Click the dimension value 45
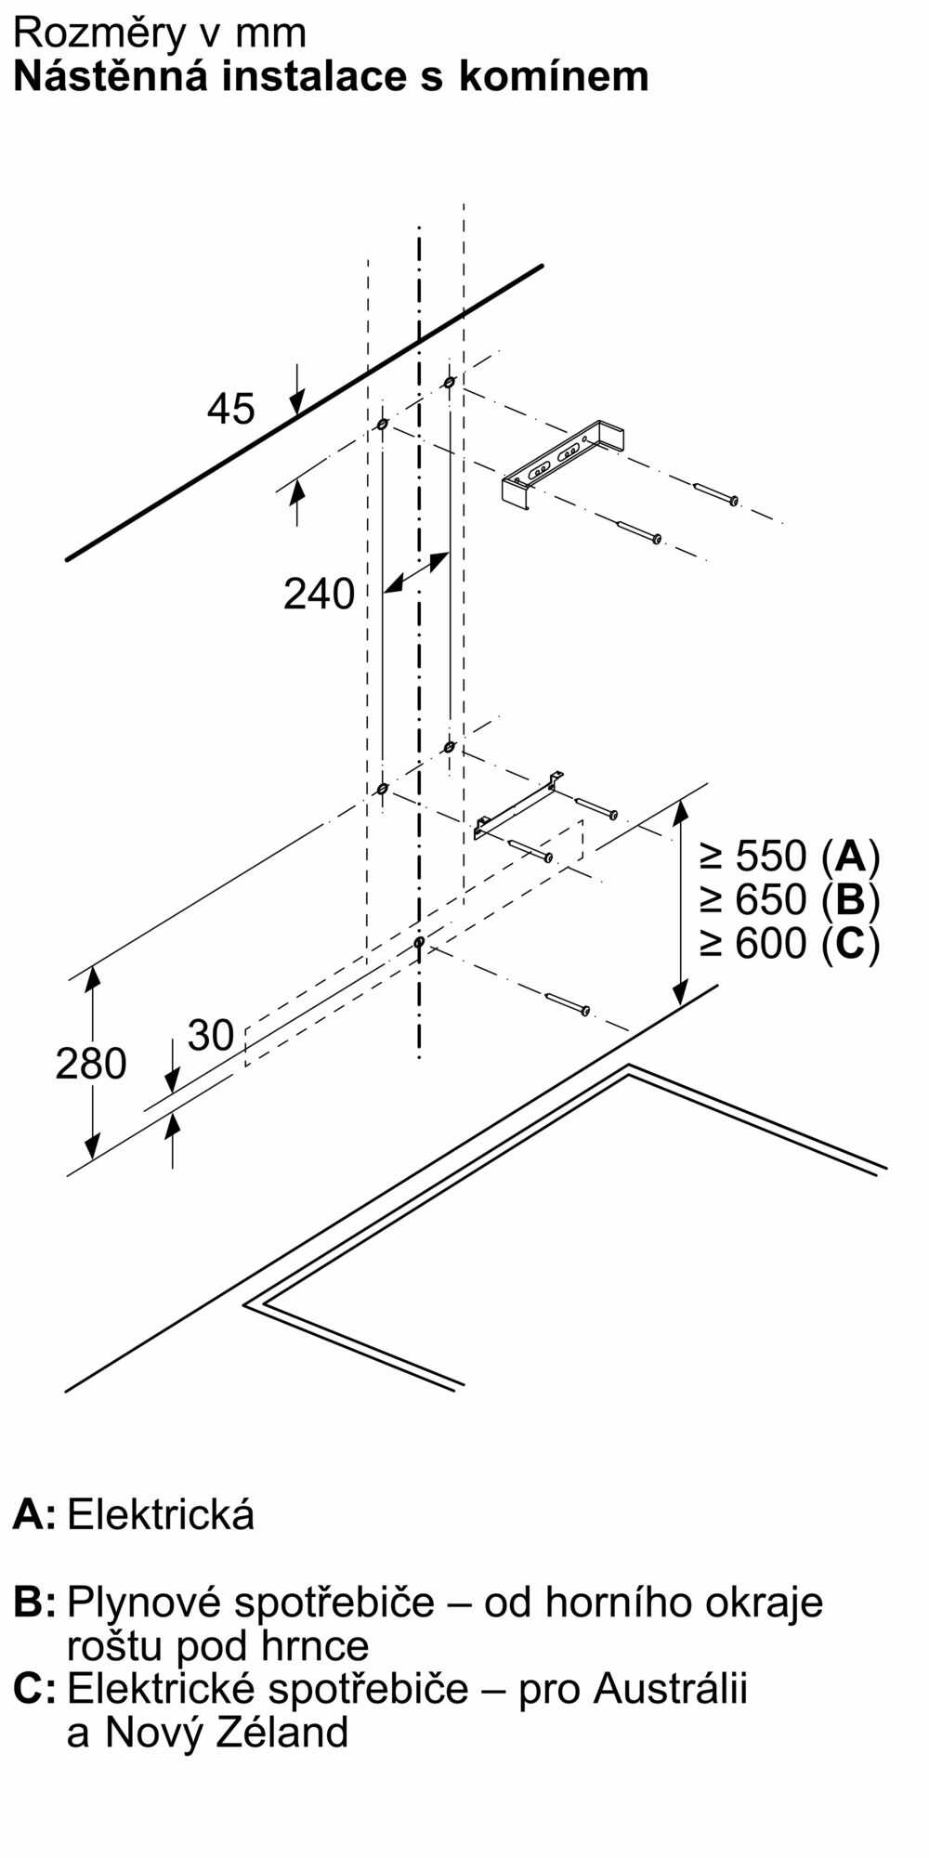coord(230,409)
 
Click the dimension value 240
coord(319,594)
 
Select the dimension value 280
coord(90,1064)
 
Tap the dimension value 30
coord(211,1035)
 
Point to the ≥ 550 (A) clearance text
coord(790,855)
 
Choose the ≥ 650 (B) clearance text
coord(790,899)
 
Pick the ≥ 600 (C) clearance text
coord(790,944)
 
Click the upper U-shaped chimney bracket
coord(563,464)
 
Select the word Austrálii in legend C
coord(670,1688)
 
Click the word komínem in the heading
coord(554,76)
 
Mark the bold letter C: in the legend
coord(33,1688)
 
